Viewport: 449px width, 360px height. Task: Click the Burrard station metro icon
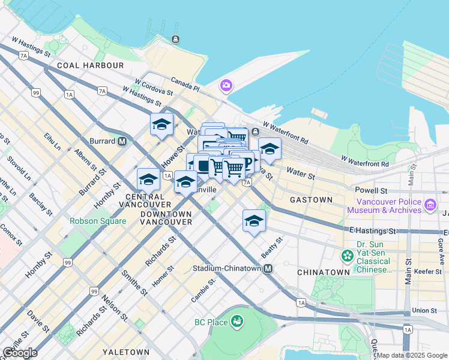coord(122,142)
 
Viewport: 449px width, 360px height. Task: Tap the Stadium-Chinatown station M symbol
coord(268,268)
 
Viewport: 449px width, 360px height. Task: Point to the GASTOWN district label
coord(311,199)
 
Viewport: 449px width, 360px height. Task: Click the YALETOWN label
coord(125,352)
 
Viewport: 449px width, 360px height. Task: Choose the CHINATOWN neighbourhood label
coord(323,272)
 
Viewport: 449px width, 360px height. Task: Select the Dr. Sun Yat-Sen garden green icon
coord(347,256)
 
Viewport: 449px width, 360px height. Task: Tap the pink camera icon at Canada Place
coord(226,86)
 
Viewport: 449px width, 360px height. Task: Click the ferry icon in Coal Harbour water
coord(175,40)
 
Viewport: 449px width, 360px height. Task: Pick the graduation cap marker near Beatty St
coord(254,221)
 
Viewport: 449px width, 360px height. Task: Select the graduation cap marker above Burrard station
coord(161,124)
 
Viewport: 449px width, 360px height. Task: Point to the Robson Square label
coord(98,221)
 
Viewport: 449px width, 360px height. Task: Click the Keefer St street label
coord(428,271)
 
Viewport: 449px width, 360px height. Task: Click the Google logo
coord(20,353)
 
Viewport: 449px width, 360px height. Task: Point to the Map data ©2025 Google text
coord(412,355)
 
